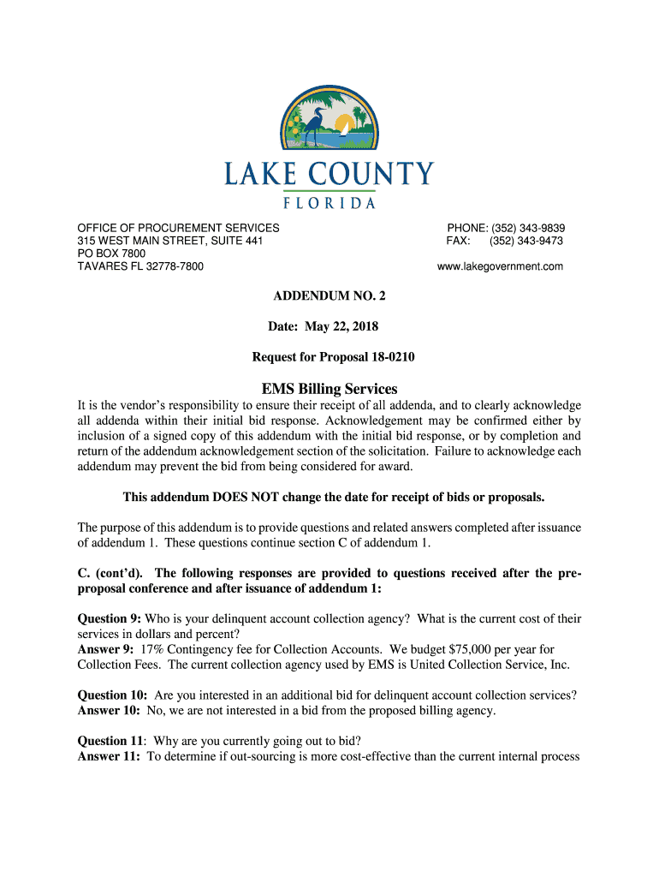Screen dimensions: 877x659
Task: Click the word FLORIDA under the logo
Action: [x=329, y=203]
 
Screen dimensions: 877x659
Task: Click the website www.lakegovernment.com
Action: [x=500, y=267]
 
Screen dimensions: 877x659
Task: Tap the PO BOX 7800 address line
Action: [x=111, y=254]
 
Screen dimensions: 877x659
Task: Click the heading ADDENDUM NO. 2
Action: [x=329, y=297]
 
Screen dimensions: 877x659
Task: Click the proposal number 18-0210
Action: [x=387, y=357]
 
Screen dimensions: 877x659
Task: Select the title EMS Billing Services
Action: [x=329, y=389]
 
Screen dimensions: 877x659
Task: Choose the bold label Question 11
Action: [x=110, y=741]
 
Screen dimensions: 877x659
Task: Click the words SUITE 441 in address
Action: [x=234, y=242]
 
